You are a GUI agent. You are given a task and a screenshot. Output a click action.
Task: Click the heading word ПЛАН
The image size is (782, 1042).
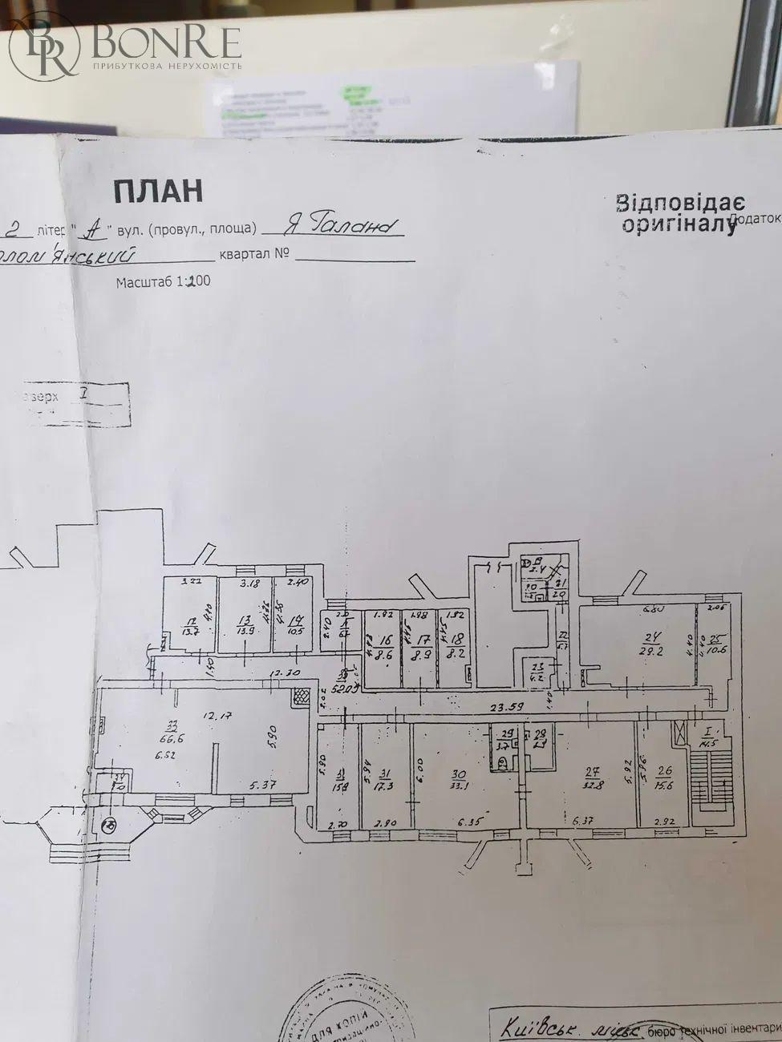point(157,191)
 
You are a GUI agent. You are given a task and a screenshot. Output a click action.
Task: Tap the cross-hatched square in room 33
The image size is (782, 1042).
point(300,697)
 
